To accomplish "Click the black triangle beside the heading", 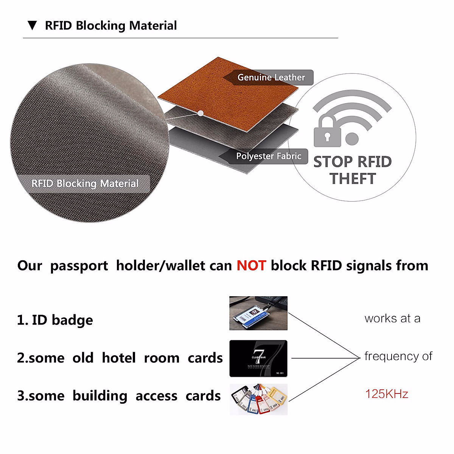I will tap(33, 26).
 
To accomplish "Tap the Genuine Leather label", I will tap(271, 78).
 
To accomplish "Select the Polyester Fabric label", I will tap(269, 156).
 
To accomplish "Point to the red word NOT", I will tap(251, 266).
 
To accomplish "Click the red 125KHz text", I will tap(387, 394).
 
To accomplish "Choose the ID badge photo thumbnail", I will tap(258, 313).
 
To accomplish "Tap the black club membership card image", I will tap(258, 358).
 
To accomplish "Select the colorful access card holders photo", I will tap(258, 400).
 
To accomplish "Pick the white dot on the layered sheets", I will tap(201, 113).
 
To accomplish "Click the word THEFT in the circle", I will tap(353, 179).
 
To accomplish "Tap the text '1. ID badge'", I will tap(55, 320).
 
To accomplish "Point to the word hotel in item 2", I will tap(119, 358).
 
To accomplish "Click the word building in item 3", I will tap(100, 396).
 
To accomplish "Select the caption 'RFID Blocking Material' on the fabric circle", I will tap(85, 184).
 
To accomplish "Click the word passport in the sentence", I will tap(79, 266).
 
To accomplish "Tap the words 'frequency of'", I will tap(398, 356).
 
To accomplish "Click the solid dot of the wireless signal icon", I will tap(352, 139).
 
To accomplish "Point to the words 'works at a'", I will tap(392, 319).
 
